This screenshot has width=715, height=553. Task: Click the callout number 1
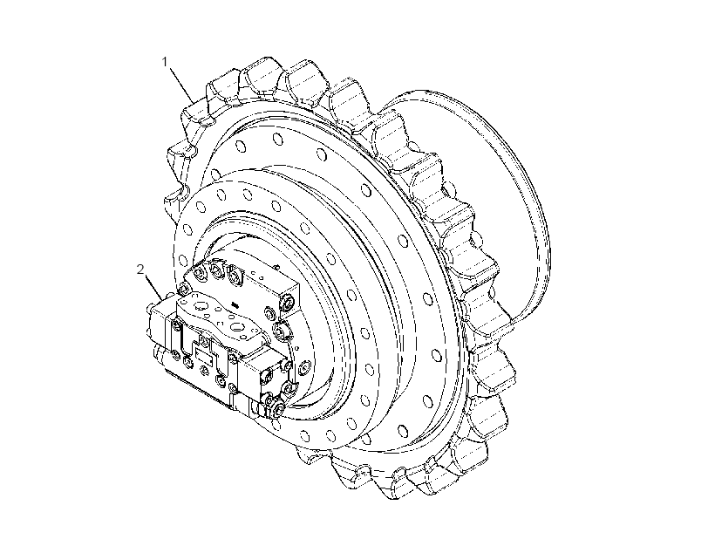(x=166, y=62)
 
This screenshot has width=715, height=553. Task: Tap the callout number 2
(x=140, y=270)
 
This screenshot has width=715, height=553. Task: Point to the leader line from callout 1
(x=181, y=84)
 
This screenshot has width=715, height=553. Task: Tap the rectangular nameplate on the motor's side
(x=203, y=353)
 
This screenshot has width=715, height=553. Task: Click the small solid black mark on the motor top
(x=235, y=304)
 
